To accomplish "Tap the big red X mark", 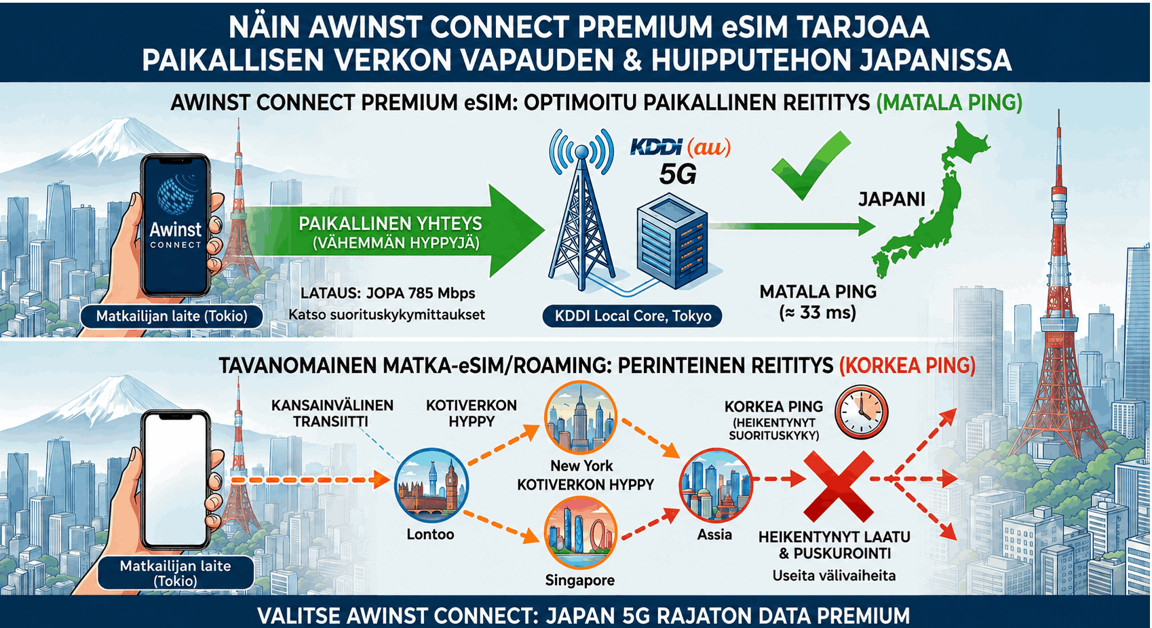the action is point(839,486).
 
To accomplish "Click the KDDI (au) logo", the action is point(680,147).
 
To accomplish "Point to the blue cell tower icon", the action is point(581,211).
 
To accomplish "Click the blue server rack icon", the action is point(672,241).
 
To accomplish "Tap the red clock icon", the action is point(861,412).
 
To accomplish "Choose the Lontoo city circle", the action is point(431,486).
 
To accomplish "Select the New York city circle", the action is point(581,417).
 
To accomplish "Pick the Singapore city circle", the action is point(581,532).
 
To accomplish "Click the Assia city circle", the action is point(715,486).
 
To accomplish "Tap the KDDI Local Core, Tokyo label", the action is point(632,315).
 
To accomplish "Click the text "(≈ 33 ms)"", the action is point(818,313).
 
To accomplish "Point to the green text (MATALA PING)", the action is point(949,103).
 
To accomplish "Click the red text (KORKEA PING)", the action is point(907,366).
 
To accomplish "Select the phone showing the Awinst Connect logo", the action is point(175,226).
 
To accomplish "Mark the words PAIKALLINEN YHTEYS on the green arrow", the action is point(390,224).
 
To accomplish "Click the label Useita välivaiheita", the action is point(834,576).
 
